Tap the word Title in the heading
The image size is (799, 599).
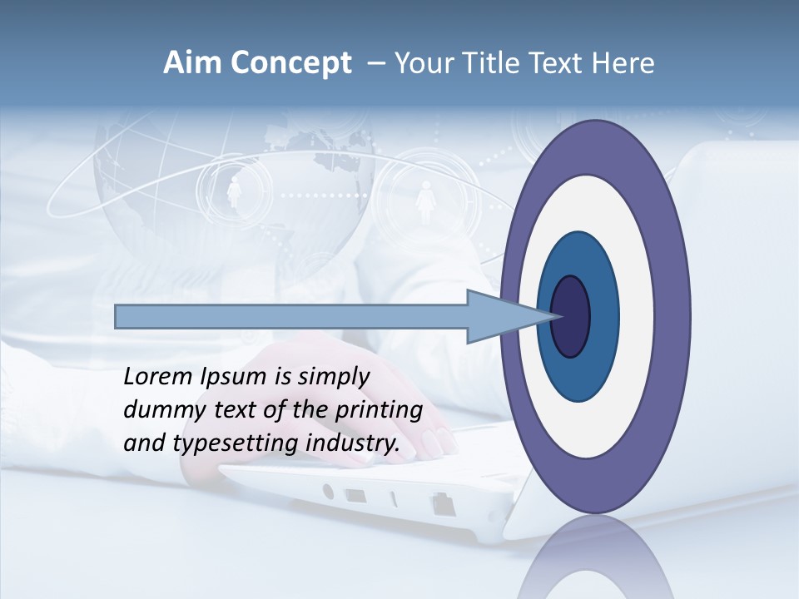494,63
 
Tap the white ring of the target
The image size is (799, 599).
633,316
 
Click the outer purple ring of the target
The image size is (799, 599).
674,316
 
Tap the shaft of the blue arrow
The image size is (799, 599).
291,316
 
